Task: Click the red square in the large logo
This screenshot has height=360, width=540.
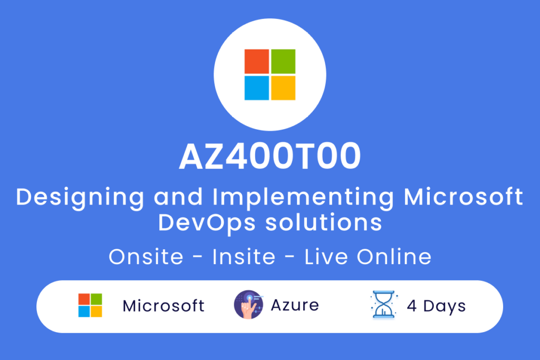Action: (x=257, y=61)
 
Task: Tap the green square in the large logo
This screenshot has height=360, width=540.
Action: (x=283, y=61)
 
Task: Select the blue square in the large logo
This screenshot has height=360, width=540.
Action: (x=257, y=88)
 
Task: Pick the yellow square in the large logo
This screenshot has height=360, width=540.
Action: (x=283, y=88)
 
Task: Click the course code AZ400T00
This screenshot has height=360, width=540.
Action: (x=270, y=156)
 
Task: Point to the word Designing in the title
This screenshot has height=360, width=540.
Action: (x=80, y=198)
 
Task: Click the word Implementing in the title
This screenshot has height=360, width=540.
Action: (x=303, y=198)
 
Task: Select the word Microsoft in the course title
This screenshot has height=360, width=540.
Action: (x=463, y=197)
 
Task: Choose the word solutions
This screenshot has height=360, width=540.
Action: (x=323, y=222)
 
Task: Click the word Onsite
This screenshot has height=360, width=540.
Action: (x=146, y=256)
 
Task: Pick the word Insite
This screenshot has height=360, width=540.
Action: (x=244, y=256)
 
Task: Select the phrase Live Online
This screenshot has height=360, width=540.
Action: (x=368, y=256)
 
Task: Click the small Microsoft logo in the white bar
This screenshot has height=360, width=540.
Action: (x=90, y=305)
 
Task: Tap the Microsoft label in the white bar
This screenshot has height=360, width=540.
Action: (x=163, y=306)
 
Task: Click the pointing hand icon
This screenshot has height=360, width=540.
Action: (x=248, y=305)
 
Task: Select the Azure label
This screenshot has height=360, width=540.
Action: (x=295, y=305)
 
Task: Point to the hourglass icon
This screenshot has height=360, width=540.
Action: (x=384, y=305)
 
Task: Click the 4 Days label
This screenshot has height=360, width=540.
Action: (x=436, y=306)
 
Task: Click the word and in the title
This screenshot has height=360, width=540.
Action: (x=178, y=197)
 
